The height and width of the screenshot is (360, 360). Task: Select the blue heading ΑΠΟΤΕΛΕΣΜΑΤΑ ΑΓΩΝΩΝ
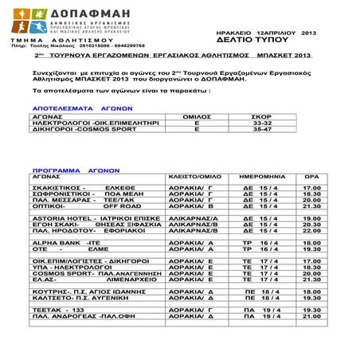point(70,106)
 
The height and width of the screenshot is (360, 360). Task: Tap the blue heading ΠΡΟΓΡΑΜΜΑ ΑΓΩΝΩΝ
point(66,170)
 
